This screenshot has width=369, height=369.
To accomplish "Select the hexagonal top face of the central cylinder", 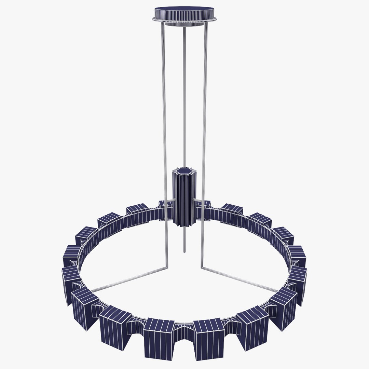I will click(184, 170).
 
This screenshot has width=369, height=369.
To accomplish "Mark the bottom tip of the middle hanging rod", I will click(184, 252).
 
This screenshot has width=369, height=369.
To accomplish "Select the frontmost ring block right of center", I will click(208, 338).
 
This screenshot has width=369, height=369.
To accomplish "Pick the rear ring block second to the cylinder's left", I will click(137, 212).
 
